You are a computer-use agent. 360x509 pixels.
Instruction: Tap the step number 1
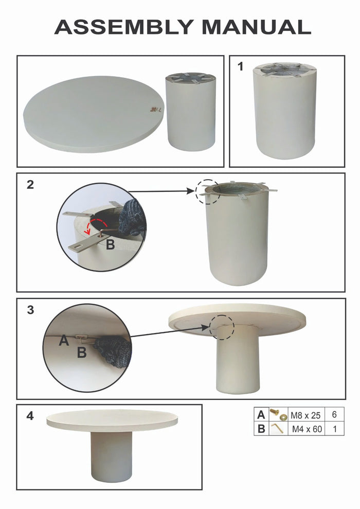[x=240, y=66]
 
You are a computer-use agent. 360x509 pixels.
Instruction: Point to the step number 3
[x=30, y=310]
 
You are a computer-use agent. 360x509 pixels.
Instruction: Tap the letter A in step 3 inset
[x=64, y=340]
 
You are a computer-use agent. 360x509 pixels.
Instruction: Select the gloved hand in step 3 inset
[x=113, y=351]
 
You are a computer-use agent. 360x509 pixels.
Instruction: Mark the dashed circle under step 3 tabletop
[x=221, y=327]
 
